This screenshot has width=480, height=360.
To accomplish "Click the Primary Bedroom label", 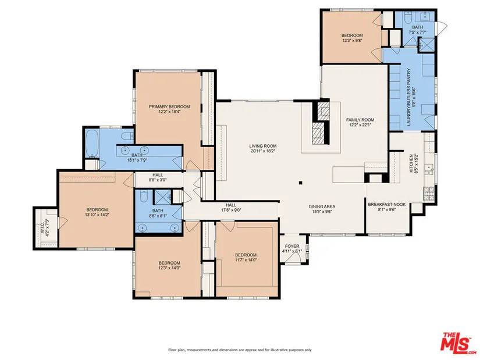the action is coord(169,106).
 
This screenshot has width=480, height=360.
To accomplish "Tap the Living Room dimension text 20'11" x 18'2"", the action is coord(262,151).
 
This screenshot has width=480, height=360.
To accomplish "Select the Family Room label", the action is coord(360,120).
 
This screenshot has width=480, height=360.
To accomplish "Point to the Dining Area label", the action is coord(322,206).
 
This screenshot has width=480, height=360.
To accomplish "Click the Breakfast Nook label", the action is coord(387,205).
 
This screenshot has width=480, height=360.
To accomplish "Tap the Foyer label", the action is coord(292,246).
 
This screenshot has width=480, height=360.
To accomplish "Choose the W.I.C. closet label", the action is coord(42,228).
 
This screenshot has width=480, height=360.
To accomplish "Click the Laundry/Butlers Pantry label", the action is coord(408,97).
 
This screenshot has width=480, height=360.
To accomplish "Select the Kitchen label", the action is coord(411,163).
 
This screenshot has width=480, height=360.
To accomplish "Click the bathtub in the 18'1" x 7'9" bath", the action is coord(91,143).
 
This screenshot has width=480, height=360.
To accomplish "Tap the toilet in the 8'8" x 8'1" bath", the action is coord(144,196).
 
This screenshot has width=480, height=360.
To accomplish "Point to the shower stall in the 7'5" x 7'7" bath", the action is coord(426,45).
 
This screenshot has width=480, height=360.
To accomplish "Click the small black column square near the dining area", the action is coord(301,183).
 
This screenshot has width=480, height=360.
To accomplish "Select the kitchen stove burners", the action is coord(429,193).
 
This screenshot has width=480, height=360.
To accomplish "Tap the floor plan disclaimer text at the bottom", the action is coord(240,350).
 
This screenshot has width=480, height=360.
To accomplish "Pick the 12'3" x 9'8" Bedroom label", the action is coord(352,35).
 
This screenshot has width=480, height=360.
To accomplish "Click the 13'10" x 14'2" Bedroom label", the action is coord(97,210).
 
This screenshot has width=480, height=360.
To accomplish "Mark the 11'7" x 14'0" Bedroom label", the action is coord(246,255).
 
